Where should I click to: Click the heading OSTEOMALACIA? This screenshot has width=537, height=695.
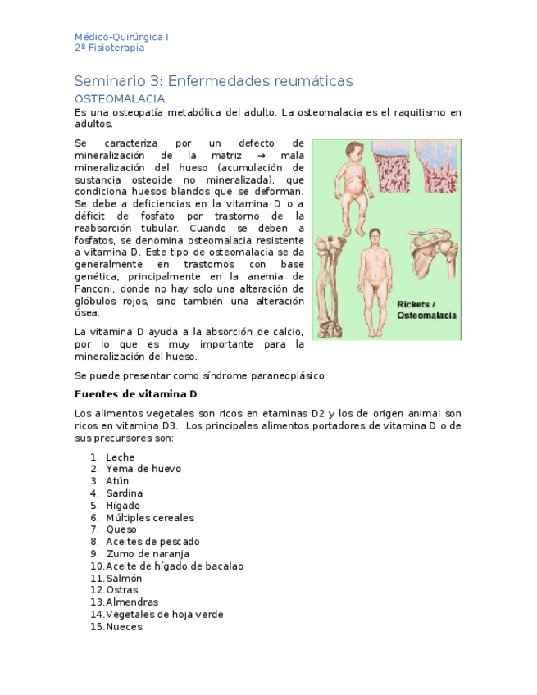click(x=120, y=99)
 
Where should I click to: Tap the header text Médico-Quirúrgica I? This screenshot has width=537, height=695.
click(x=121, y=37)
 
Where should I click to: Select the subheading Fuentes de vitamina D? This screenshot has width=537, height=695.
click(x=135, y=394)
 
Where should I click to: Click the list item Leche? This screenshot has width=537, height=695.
click(x=121, y=457)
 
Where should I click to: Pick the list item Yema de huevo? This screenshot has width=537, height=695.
click(x=143, y=469)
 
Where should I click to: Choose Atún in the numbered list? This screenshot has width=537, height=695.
click(x=117, y=481)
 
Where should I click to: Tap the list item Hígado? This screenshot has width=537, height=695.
click(x=123, y=506)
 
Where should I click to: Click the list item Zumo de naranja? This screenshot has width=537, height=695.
click(x=148, y=554)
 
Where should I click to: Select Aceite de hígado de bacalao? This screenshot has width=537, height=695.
click(x=175, y=566)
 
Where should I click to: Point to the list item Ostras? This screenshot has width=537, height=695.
click(x=122, y=590)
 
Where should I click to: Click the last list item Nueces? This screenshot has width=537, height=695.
click(x=124, y=627)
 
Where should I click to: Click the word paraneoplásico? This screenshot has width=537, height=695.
click(x=286, y=375)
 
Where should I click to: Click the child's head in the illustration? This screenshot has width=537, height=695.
click(x=353, y=152)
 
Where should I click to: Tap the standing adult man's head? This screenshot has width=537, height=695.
click(x=375, y=237)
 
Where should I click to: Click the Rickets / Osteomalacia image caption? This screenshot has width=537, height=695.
click(x=426, y=310)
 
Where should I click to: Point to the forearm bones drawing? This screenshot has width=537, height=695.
click(x=331, y=283)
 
